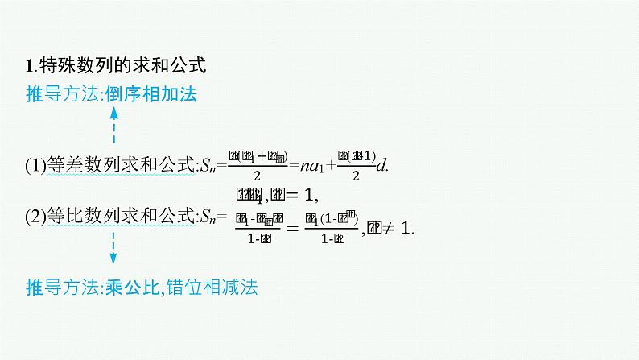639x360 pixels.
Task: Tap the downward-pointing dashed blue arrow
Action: point(113,247)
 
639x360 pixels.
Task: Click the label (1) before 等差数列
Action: point(35,166)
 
